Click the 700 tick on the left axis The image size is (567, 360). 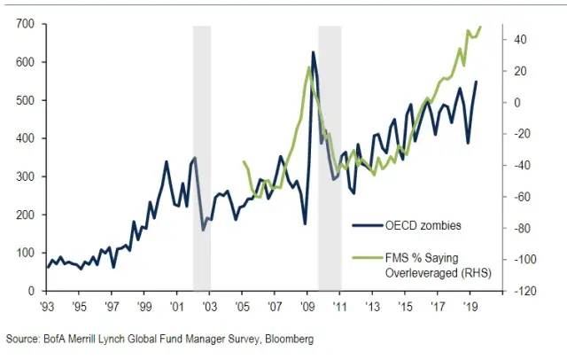[x=24, y=24]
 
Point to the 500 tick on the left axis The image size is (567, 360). [x=24, y=100]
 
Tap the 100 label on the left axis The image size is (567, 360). [x=24, y=253]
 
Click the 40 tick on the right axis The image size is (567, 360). [x=516, y=40]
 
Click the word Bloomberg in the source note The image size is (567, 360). [x=287, y=339]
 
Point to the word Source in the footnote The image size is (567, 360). [x=23, y=339]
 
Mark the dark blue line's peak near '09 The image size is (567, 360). [x=314, y=52]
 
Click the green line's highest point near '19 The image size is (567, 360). [x=480, y=27]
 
